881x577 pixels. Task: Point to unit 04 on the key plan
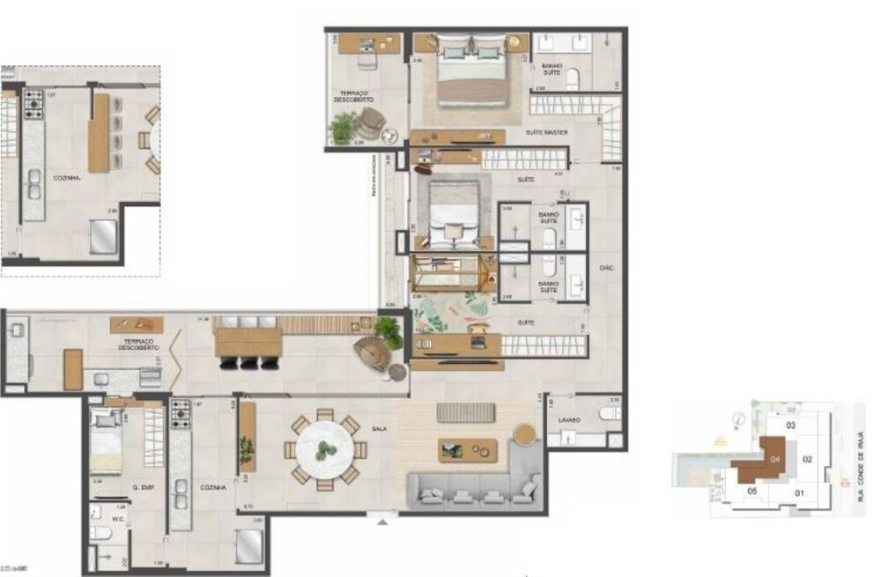(773, 458)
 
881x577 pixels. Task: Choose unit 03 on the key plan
(790, 425)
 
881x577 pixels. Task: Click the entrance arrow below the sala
(381, 522)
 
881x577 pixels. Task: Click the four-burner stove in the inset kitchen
(33, 103)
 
